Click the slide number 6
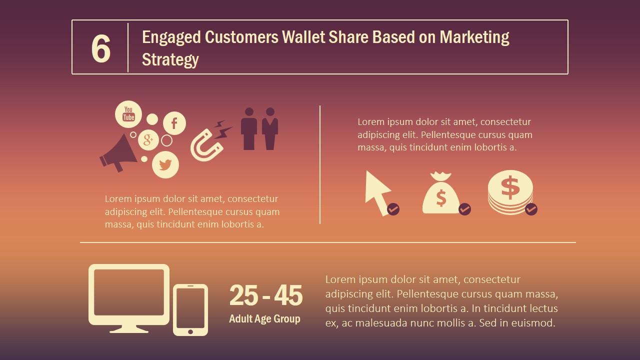point(100,49)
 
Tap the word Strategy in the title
point(170,59)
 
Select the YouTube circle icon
point(128,114)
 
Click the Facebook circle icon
point(174,123)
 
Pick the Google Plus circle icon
point(148,140)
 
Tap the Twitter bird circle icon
point(165,164)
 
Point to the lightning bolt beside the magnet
point(222,129)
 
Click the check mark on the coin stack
point(531,208)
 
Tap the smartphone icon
point(190,309)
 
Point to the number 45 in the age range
point(288,295)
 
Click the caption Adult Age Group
point(264,319)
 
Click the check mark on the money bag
point(464,208)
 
